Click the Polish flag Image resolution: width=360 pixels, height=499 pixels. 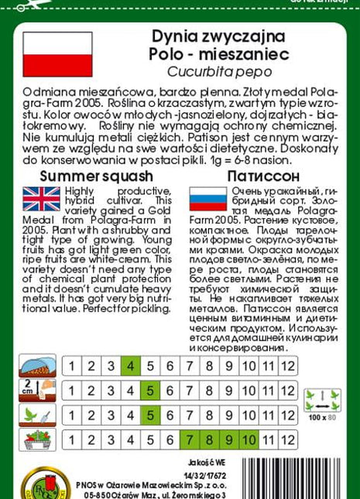click(57, 54)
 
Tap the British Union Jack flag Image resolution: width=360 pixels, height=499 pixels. click(41, 199)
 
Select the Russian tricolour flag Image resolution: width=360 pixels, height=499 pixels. click(207, 199)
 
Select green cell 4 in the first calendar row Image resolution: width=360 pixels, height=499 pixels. click(130, 367)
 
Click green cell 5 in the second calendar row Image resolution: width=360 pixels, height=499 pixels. click(149, 391)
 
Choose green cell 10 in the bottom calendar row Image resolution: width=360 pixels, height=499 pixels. click(249, 440)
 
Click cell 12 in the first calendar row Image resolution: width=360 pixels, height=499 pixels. click(288, 367)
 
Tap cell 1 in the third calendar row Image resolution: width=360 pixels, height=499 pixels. click(71, 415)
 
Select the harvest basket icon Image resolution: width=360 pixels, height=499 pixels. click(36, 439)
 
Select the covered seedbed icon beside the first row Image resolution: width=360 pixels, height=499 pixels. click(36, 366)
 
